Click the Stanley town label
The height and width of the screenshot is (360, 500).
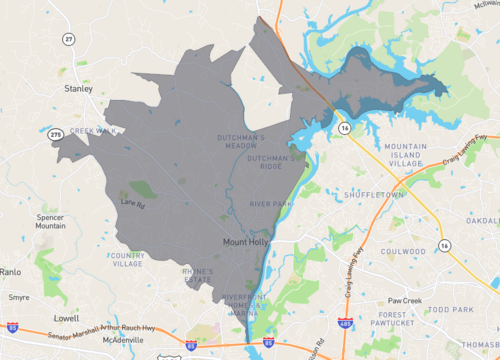coord(78,88)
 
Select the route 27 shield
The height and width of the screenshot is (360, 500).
coord(68,39)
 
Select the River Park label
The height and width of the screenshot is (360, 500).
coord(270,204)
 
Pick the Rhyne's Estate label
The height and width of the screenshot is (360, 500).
coord(197,275)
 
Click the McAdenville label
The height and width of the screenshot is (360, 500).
coord(123,339)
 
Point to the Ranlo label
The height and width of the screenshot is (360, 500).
coord(10,271)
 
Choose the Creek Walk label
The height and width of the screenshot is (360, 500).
coord(94,130)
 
